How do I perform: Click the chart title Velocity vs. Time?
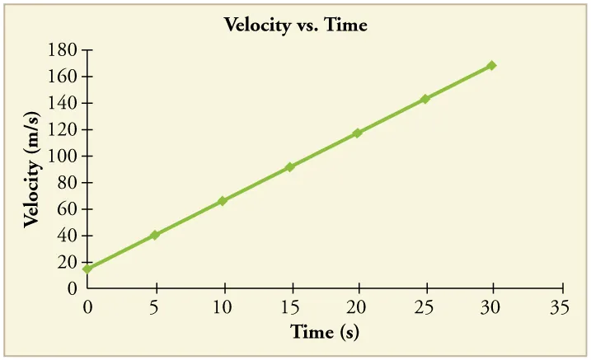(x=295, y=26)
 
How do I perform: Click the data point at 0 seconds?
(x=87, y=269)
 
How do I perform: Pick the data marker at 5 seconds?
(x=155, y=235)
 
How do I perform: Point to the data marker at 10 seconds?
(x=223, y=201)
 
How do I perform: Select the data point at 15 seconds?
(x=290, y=167)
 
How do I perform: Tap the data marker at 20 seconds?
(x=358, y=133)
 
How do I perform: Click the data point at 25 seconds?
(x=425, y=99)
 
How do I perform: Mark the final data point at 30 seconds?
(x=492, y=65)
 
